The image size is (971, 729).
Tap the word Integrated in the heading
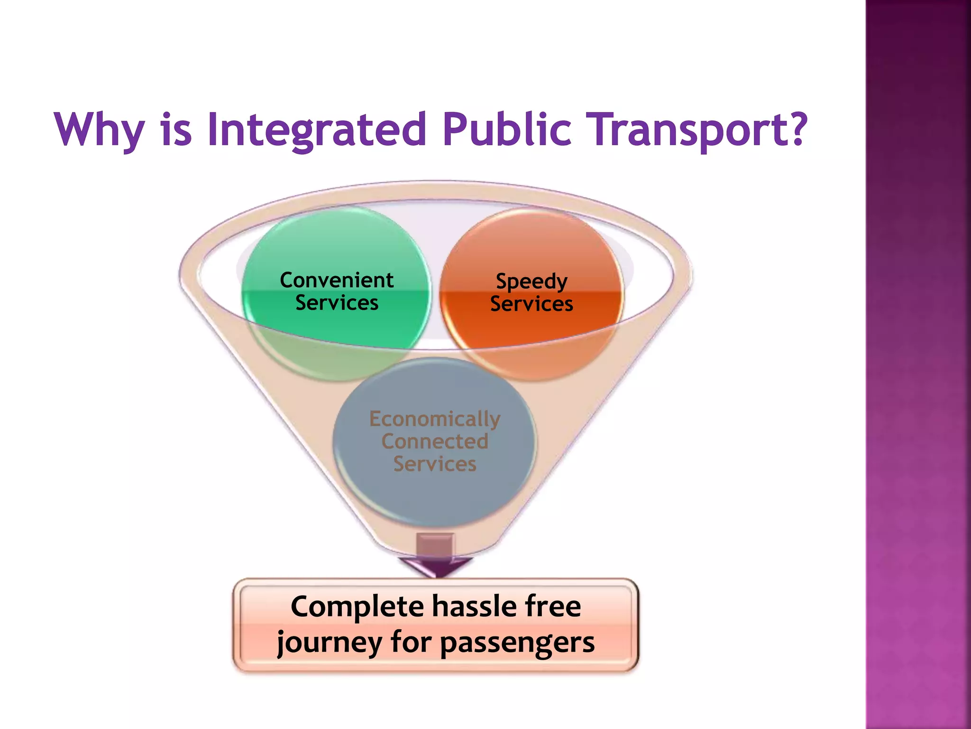point(317,129)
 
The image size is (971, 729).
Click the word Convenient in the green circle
point(337,280)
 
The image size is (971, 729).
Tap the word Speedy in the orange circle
point(531,281)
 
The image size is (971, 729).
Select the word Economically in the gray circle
point(435,419)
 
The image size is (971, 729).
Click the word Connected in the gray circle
point(435,441)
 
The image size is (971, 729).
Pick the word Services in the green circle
point(337,303)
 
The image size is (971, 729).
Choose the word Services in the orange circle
point(531,304)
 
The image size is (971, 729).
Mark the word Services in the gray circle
point(435,464)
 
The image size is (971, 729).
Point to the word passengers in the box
point(517,643)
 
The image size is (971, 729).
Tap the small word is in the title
point(176,129)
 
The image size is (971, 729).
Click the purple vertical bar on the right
point(918,364)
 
